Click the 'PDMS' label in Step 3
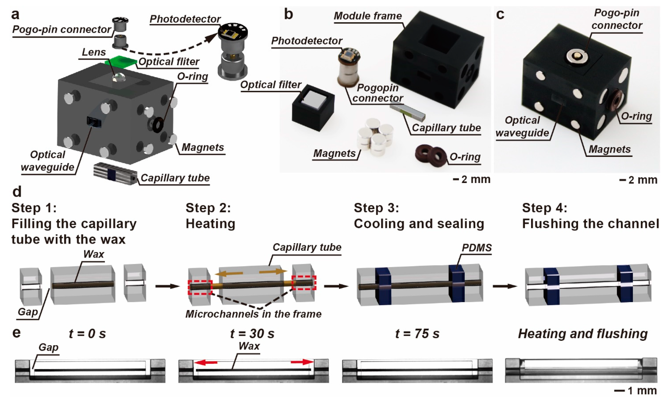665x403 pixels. click(x=477, y=248)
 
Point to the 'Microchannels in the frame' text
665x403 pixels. click(x=253, y=314)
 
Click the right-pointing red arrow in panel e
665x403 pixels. click(x=302, y=362)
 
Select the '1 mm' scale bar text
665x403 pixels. click(x=642, y=391)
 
